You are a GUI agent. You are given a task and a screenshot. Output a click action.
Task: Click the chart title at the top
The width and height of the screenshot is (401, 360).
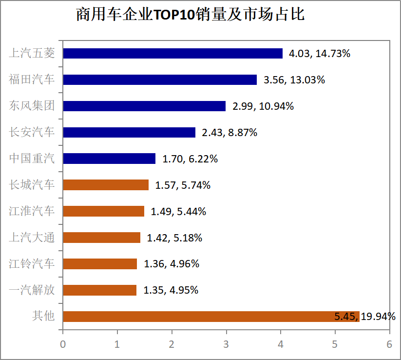tap(190, 15)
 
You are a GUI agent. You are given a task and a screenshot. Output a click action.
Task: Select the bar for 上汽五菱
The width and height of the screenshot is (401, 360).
tap(172, 53)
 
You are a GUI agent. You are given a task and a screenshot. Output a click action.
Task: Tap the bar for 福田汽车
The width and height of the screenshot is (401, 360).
tap(160, 80)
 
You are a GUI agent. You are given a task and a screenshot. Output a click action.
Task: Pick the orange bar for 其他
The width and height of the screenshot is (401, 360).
tap(211, 317)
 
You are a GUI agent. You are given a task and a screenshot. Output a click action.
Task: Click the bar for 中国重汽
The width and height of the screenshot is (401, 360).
tap(109, 159)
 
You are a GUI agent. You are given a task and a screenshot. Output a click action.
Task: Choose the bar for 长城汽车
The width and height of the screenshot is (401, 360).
tap(106, 185)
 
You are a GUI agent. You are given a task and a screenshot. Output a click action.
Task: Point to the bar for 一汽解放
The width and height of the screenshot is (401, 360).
tap(100, 290)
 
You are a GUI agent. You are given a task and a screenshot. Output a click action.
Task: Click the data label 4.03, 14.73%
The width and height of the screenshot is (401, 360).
tap(320, 54)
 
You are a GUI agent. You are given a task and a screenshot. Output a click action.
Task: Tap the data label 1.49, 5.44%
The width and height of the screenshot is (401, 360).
tap(178, 212)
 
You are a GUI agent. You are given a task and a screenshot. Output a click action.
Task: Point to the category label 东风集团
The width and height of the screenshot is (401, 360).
tap(32, 106)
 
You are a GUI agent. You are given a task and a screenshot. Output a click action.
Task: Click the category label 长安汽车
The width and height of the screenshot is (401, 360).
tap(32, 132)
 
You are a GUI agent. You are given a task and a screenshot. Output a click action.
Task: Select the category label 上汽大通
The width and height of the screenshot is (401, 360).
tap(32, 238)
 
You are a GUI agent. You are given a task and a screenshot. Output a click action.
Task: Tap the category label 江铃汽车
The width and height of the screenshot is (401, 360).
tap(32, 264)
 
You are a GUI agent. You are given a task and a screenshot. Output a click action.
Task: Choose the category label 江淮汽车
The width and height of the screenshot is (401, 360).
tap(32, 211)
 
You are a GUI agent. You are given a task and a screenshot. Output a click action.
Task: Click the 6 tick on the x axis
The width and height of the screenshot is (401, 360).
tap(389, 344)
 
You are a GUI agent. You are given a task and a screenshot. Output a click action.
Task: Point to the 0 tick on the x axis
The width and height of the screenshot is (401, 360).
tap(63, 344)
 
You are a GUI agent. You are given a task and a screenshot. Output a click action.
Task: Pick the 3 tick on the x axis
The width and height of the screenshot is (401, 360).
tap(226, 344)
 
